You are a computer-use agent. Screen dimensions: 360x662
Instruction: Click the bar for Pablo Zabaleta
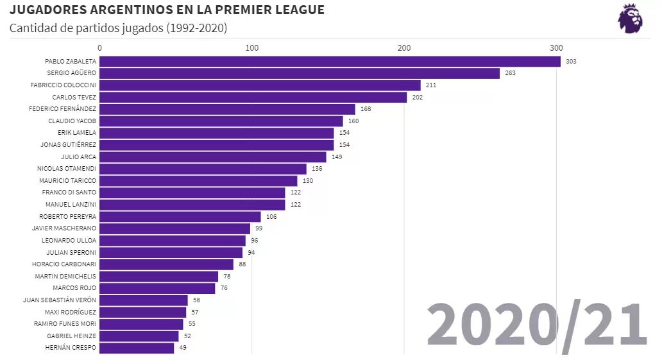(330, 62)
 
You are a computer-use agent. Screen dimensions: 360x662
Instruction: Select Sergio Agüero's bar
(300, 73)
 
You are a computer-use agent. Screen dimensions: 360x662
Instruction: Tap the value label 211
(431, 85)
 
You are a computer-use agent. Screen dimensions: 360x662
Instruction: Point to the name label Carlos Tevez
(74, 98)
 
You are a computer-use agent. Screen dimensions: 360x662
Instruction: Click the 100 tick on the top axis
(252, 48)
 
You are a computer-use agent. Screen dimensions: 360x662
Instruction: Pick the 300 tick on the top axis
(556, 48)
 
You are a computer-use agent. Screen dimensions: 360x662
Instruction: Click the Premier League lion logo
(630, 19)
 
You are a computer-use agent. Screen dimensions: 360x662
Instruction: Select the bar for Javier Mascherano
(174, 228)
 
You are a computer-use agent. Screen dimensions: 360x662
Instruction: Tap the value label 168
(366, 109)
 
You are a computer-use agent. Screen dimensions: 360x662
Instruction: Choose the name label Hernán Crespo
(71, 348)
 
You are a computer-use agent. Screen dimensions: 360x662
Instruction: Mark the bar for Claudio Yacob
(221, 121)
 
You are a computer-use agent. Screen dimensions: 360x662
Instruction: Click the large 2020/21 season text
(537, 325)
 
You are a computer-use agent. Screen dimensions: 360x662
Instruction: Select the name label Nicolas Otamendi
(67, 169)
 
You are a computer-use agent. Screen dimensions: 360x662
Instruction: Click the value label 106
(271, 217)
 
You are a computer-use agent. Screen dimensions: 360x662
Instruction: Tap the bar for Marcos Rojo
(157, 288)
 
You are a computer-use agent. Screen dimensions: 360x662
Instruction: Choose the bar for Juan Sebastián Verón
(144, 300)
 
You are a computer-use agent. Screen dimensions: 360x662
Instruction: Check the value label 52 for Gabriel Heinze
(187, 336)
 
